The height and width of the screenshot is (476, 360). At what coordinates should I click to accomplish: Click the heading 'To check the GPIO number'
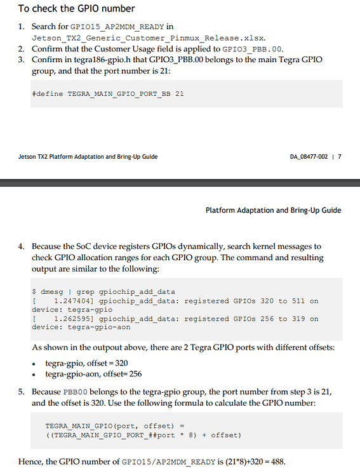coord(76,9)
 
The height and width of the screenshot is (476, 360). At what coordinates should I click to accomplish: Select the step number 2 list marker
coord(20,49)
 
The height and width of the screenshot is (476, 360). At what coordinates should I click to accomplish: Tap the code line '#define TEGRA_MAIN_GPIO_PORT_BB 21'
coord(107,93)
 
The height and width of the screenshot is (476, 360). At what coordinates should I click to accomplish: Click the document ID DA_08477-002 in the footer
coord(309,157)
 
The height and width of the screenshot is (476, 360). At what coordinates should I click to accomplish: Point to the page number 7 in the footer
coord(340,157)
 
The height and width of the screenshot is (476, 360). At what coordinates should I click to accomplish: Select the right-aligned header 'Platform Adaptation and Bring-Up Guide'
coord(273,210)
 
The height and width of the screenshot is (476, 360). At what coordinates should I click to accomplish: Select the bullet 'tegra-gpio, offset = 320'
coord(88,363)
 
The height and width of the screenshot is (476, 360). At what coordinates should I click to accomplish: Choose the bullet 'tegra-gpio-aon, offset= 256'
coord(93,374)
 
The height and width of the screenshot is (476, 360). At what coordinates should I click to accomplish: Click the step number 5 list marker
coord(20,392)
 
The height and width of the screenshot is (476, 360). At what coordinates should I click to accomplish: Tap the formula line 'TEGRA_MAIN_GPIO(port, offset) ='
coord(114,426)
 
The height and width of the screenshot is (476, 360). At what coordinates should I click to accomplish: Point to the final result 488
coord(277,461)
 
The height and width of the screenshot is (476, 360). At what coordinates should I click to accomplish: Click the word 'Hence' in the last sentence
coord(29,461)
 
